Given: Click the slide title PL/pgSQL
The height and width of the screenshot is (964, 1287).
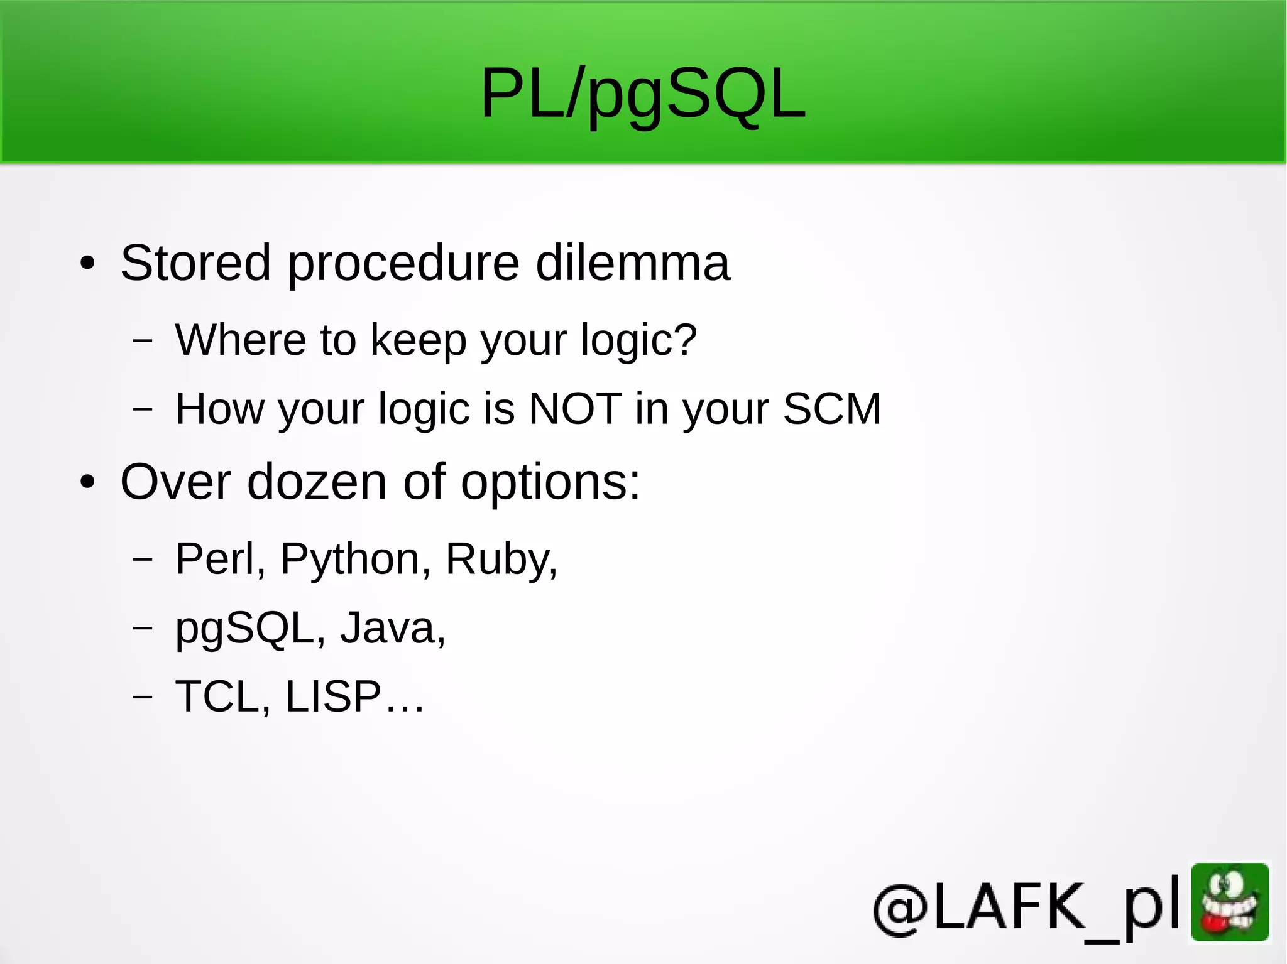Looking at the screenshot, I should [642, 94].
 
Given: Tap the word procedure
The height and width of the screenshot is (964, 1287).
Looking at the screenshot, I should [403, 264].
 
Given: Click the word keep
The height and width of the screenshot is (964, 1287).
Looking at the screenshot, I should [418, 341].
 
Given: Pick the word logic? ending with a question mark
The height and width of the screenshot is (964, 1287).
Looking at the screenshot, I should [638, 341].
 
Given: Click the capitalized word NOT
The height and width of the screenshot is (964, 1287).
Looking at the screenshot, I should [576, 409].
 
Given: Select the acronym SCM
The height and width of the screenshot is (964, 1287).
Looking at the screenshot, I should [832, 409].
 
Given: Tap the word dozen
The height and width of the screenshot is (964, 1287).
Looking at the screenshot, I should [317, 482].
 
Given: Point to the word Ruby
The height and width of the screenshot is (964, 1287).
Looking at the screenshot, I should [500, 560].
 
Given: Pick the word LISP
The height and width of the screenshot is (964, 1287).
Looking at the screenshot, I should [333, 696].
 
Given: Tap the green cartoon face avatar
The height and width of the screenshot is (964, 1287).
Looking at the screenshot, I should [1230, 902].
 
